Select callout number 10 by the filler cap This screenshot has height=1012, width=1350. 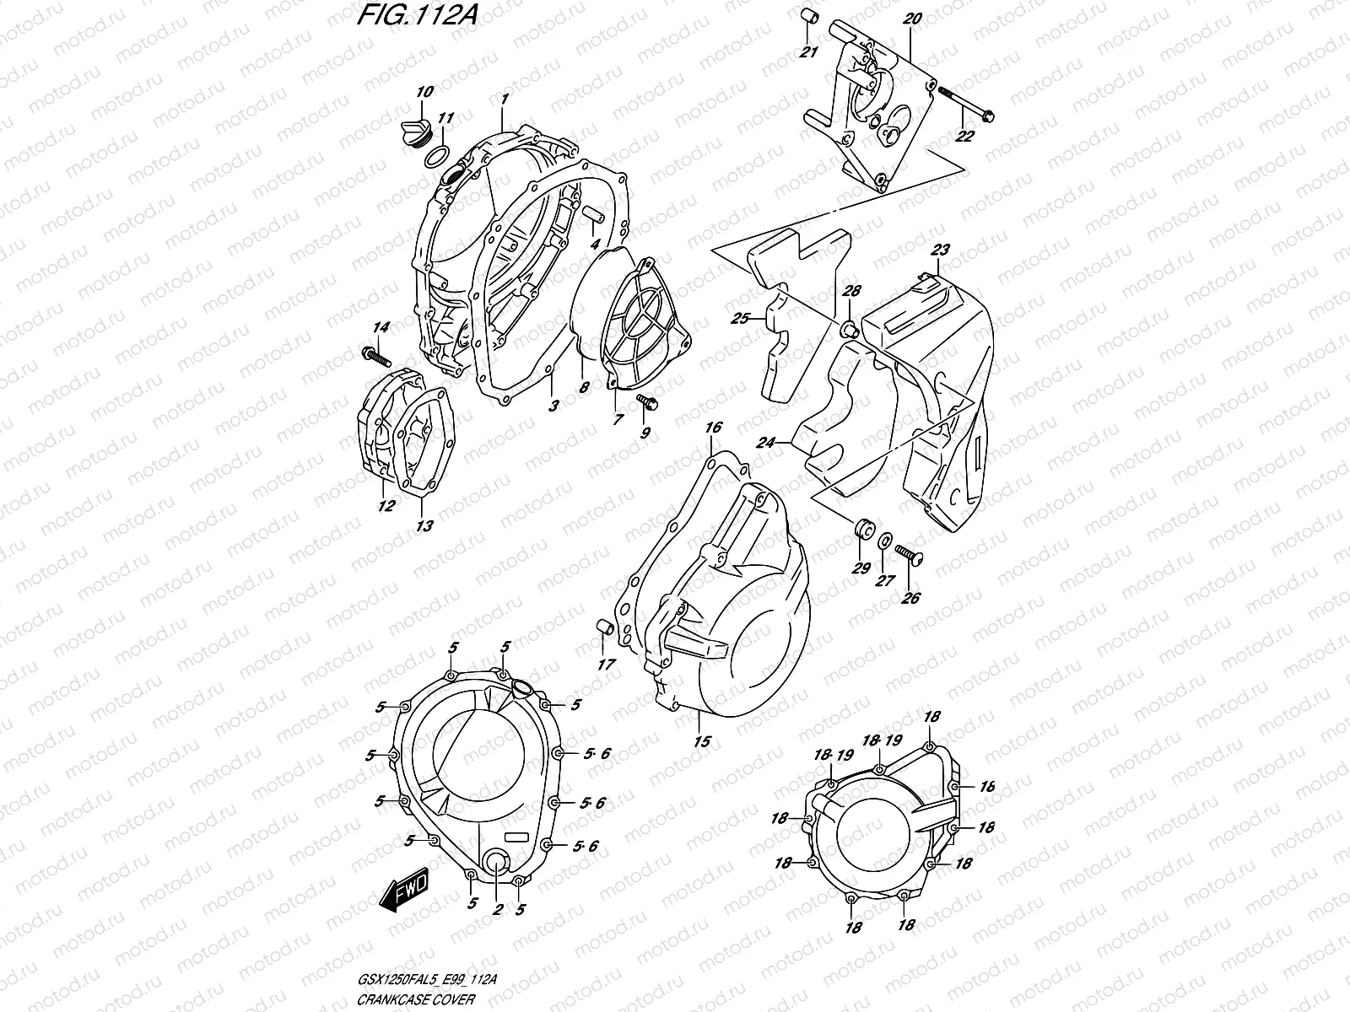pos(424,91)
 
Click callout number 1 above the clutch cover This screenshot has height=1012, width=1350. pos(504,100)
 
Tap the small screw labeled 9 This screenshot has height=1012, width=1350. pos(647,402)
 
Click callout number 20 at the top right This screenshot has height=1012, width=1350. pos(911,18)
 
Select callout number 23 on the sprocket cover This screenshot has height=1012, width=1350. pos(940,250)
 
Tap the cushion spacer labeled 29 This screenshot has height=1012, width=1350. pos(862,532)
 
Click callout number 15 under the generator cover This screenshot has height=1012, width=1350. pos(702,742)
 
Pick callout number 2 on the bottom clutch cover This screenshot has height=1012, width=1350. pos(498,909)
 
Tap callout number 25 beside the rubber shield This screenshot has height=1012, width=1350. pos(740,319)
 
